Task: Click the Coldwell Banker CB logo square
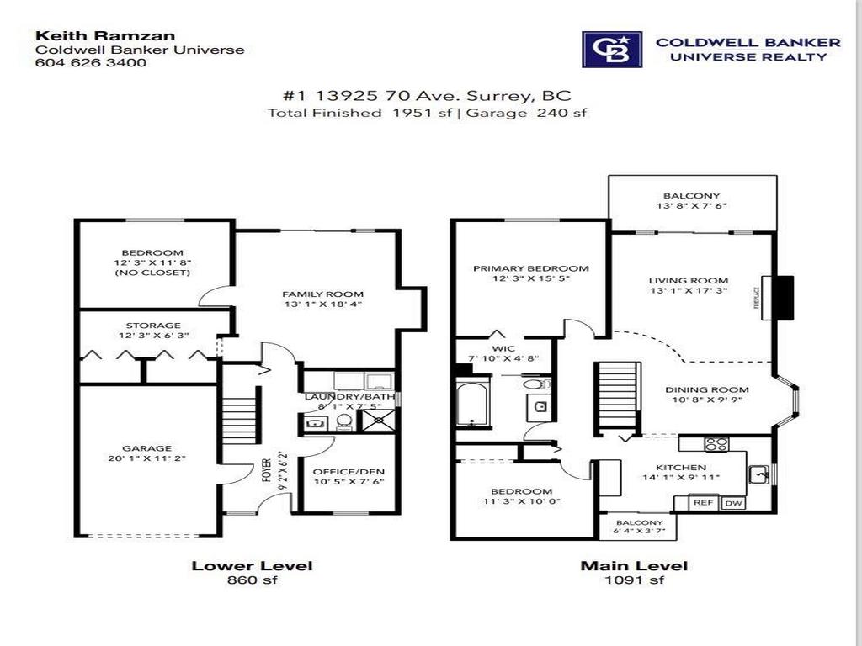(612, 50)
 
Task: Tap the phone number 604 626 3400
(84, 62)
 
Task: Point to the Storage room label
(153, 325)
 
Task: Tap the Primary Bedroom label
(530, 268)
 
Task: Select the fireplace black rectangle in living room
(785, 298)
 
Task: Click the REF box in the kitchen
(704, 502)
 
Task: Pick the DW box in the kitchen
(732, 502)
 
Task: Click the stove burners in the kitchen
(716, 444)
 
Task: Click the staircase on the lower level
(239, 421)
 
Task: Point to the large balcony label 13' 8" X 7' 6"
(691, 202)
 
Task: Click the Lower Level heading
(240, 565)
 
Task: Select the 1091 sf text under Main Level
(633, 580)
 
